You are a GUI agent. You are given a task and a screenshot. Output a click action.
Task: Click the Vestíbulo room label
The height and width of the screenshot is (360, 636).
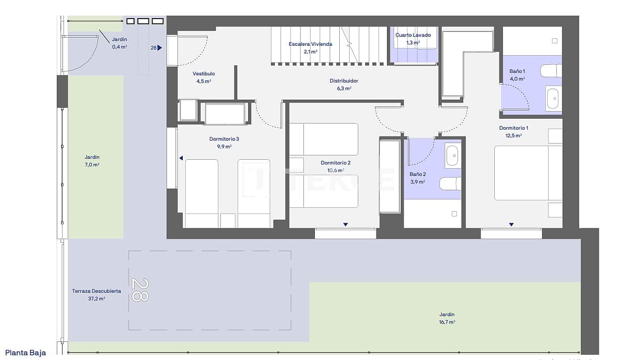[x=204, y=74]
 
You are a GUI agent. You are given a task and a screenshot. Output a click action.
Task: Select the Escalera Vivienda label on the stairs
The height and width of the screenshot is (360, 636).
[x=310, y=44]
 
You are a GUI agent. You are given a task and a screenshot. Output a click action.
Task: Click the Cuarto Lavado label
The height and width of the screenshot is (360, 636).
[x=413, y=35]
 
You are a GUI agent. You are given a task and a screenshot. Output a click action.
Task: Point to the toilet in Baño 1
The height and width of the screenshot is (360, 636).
[x=551, y=71]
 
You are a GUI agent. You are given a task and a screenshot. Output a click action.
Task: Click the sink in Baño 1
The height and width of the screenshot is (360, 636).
[x=553, y=100]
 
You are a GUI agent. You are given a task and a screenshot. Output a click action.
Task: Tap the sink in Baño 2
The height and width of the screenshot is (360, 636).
[x=453, y=155]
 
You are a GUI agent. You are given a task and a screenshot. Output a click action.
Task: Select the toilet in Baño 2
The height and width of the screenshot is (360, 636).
[x=450, y=184]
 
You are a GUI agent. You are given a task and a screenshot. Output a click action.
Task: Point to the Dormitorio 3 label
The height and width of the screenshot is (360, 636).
[x=224, y=139]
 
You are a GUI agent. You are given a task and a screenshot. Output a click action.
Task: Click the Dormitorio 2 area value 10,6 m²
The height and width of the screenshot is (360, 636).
[x=335, y=170]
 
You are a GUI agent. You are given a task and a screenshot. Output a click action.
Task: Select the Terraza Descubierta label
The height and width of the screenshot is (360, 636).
[x=96, y=291]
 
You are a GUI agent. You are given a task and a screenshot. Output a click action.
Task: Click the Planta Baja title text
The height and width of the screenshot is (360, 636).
[x=26, y=353]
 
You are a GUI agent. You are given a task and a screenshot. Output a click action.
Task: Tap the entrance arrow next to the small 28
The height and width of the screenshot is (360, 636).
[x=160, y=48]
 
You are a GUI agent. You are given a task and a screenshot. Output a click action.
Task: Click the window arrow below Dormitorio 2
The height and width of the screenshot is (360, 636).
[x=345, y=225]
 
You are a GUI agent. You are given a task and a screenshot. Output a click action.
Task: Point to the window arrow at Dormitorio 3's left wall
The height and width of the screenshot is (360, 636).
[x=181, y=158]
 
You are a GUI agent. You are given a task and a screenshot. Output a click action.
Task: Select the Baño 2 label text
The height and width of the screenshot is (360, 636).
[x=417, y=175]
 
